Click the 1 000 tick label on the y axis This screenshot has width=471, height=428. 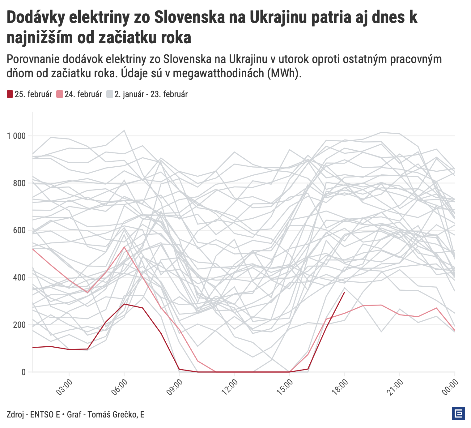[16, 136]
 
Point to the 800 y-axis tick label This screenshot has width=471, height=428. [19, 183]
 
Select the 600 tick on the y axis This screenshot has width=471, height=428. [19, 231]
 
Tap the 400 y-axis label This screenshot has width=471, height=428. [19, 278]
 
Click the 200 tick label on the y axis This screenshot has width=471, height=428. [19, 325]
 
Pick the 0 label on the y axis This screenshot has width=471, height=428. [23, 372]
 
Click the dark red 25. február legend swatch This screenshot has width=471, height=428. [10, 94]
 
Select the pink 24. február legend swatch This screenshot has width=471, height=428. [60, 94]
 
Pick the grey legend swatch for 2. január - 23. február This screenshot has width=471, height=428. [110, 94]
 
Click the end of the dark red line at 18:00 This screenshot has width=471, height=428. [344, 292]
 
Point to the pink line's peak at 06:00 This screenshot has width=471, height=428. [124, 247]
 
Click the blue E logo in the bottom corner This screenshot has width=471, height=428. [458, 414]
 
